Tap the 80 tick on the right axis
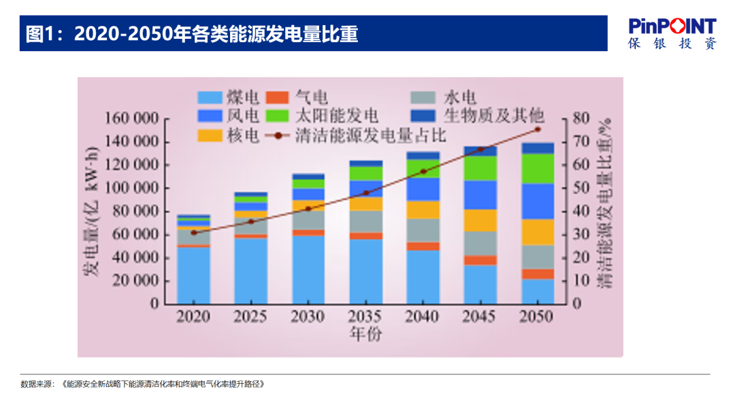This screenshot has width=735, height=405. click(580, 119)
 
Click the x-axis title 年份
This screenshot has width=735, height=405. click(366, 334)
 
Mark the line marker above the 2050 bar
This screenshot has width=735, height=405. click(538, 129)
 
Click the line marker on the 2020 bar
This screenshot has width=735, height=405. click(194, 233)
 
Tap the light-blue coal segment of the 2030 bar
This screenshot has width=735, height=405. click(308, 270)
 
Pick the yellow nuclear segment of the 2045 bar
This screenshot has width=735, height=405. click(480, 221)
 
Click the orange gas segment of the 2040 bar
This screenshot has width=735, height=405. click(423, 246)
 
